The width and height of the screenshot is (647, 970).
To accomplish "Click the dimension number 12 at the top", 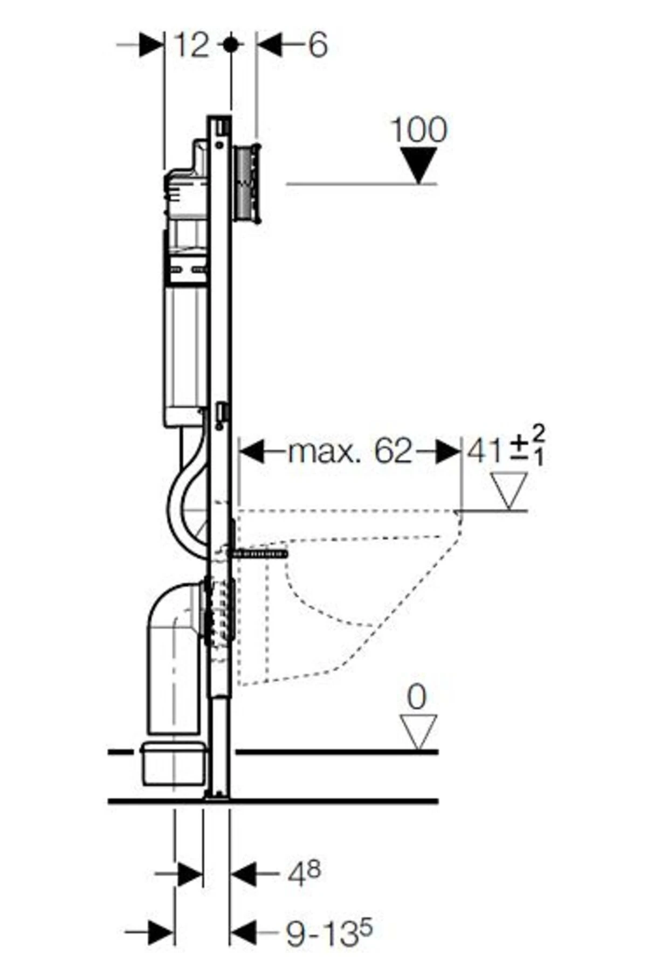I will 191,45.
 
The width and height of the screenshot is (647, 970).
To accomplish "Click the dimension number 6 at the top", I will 318,45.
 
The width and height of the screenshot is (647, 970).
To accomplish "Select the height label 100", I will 418,130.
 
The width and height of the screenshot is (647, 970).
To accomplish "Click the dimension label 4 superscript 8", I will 304,875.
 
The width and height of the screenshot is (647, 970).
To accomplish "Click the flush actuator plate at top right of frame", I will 248,183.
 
